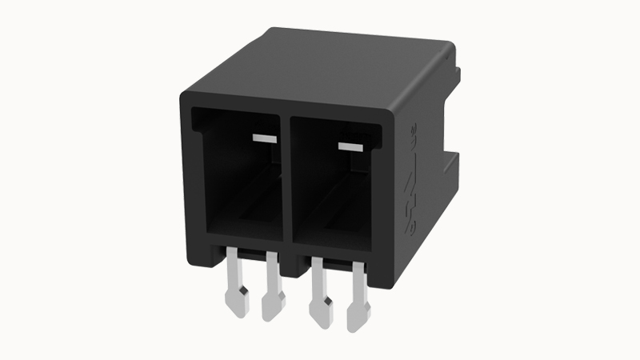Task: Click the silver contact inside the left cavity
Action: click(264, 138)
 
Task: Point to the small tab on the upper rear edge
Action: click(458, 76)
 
